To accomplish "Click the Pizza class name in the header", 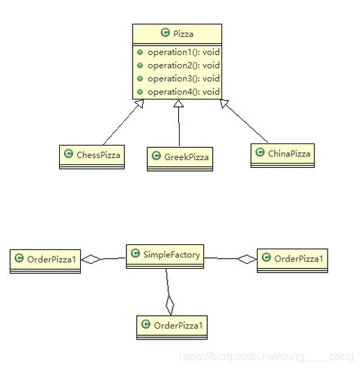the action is (183, 34).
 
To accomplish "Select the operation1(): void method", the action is (183, 52).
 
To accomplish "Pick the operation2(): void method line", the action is (183, 66).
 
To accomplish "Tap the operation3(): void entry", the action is (183, 79).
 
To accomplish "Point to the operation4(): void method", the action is (183, 92).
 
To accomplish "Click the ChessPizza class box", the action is (92, 157).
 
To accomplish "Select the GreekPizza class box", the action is (180, 159).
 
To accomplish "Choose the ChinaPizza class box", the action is (282, 156).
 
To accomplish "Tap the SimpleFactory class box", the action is (165, 257).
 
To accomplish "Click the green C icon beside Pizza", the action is (165, 32).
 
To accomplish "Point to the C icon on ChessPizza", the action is (69, 154).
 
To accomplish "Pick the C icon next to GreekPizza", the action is (157, 156).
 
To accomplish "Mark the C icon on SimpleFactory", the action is (136, 253).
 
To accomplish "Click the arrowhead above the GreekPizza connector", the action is (178, 103).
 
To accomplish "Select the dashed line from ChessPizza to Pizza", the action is (123, 123).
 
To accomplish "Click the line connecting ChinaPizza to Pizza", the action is (244, 121).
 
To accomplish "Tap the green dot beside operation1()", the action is (140, 52).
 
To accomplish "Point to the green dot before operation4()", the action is (140, 92).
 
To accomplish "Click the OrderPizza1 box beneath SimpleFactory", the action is (172, 327).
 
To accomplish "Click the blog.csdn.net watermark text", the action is (266, 357).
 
